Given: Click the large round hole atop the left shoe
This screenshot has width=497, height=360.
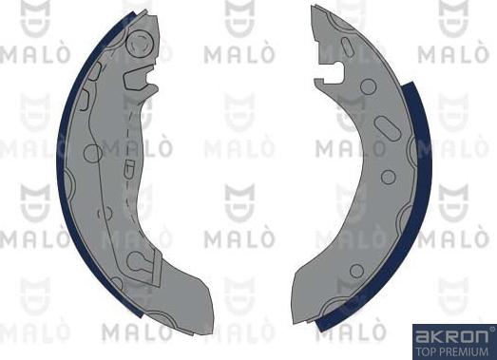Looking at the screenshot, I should tap(141, 44).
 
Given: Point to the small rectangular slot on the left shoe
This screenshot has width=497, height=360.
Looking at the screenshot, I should tap(83, 95).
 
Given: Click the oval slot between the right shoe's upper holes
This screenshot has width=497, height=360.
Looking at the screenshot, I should tap(388, 128).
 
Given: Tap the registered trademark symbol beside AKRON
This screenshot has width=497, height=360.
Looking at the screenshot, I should tap(488, 331).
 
